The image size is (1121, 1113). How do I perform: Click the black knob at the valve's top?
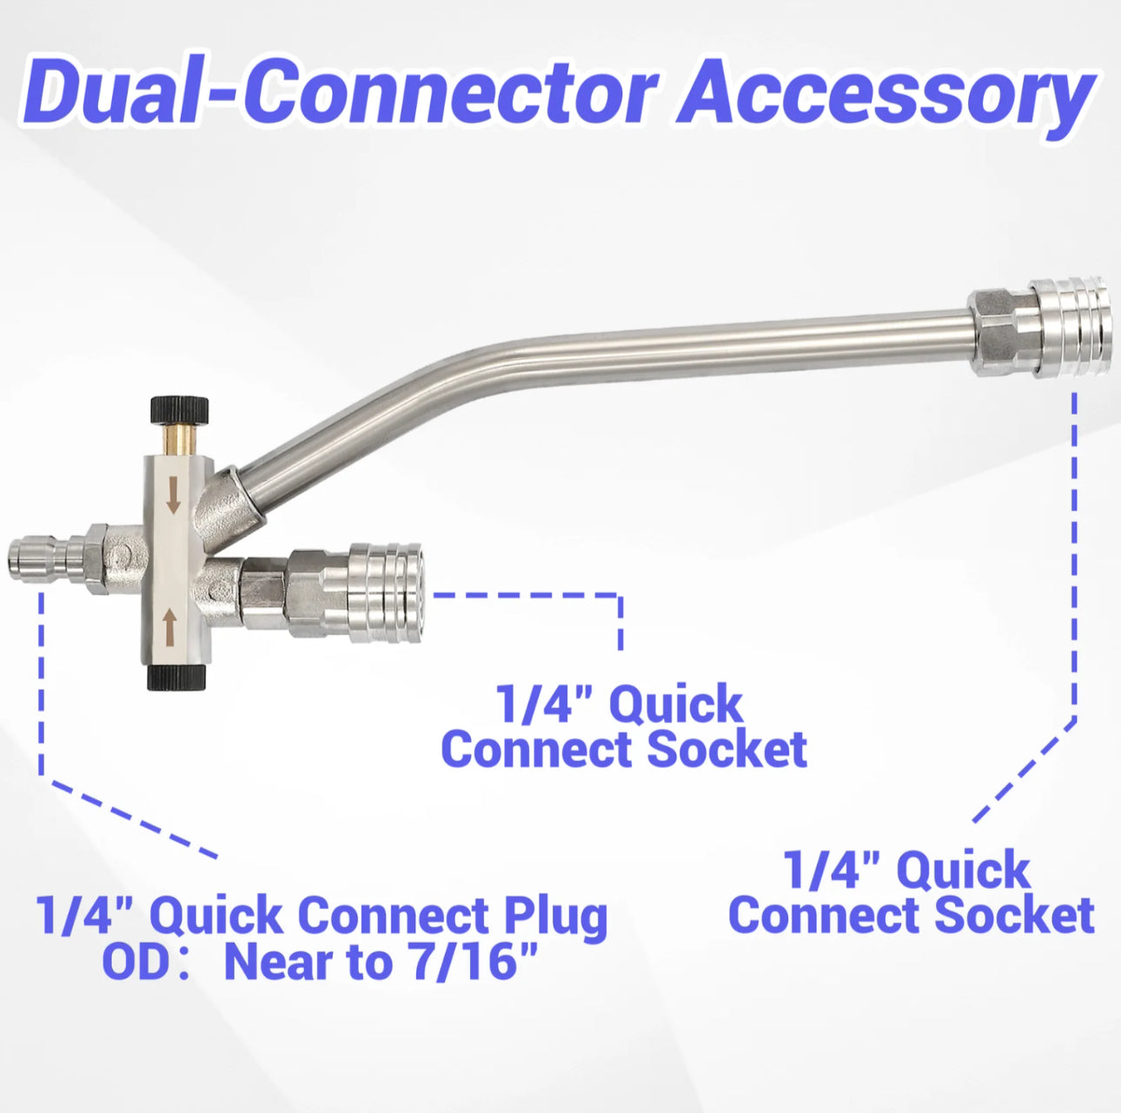click(179, 408)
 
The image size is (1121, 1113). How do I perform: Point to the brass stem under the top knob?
click(178, 435)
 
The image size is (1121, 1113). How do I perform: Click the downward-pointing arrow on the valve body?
click(174, 494)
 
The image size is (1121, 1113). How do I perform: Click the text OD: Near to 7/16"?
click(321, 962)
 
